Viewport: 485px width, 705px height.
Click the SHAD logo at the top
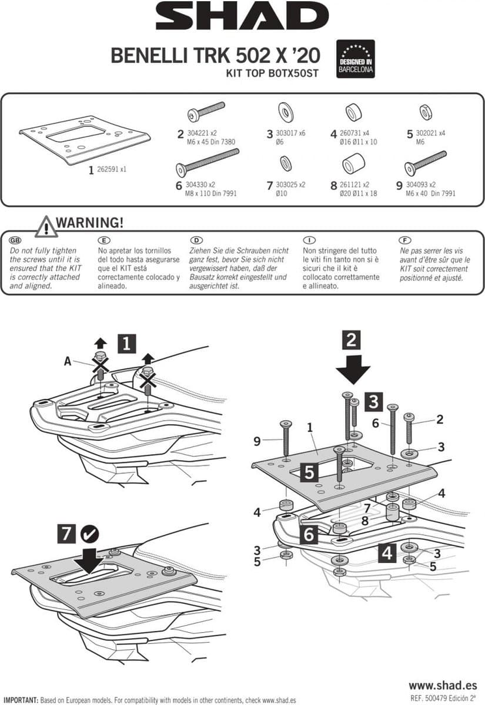[x=242, y=16]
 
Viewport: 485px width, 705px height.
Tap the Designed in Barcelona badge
[x=356, y=59]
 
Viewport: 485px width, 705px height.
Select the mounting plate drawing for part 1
[x=85, y=139]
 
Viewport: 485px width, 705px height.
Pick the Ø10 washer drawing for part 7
[x=286, y=163]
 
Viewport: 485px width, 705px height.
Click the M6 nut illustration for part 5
[x=426, y=113]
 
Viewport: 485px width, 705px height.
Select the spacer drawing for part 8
[x=353, y=164]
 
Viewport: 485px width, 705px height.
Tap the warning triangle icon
[x=46, y=226]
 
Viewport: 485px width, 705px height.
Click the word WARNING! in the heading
[x=90, y=223]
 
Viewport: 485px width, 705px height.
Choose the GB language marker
[x=15, y=240]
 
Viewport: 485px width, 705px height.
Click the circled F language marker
[x=405, y=240]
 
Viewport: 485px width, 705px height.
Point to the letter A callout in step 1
[x=68, y=361]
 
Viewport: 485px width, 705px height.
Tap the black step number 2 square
[x=351, y=340]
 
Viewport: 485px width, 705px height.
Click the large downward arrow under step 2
[x=353, y=370]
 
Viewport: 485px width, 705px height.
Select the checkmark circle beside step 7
[x=90, y=534]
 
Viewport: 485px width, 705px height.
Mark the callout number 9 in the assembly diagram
[x=257, y=442]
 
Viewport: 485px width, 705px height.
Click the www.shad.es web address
[x=443, y=684]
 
